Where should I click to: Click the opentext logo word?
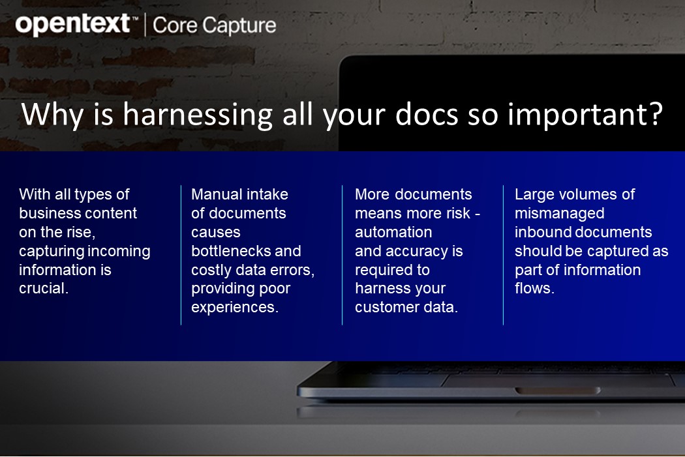click(x=72, y=25)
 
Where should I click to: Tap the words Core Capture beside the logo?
click(x=214, y=25)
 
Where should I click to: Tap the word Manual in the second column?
click(x=216, y=194)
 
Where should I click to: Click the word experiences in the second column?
click(x=234, y=308)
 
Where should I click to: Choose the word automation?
click(x=393, y=232)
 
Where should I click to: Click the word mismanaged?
click(x=559, y=213)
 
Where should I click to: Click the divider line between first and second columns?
click(x=181, y=254)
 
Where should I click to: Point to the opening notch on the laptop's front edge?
click(x=558, y=391)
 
